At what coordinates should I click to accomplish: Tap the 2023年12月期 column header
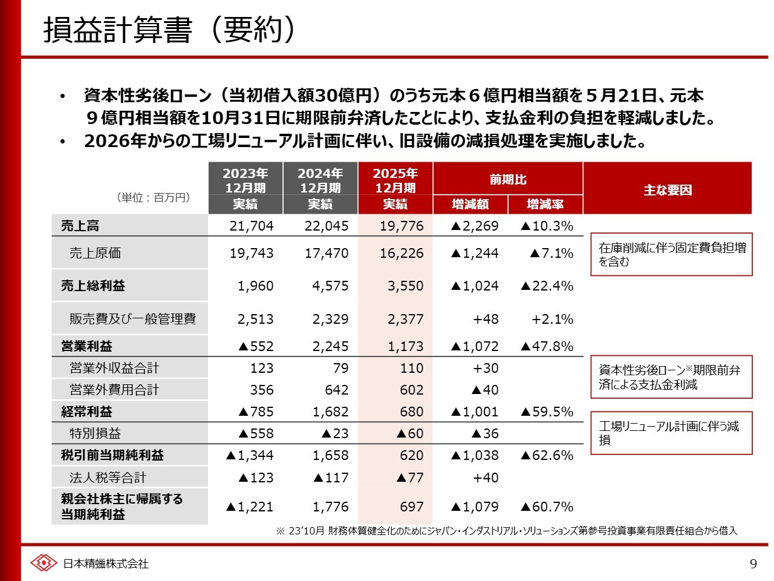pyautogui.click(x=245, y=180)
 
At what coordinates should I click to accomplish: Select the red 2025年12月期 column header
pyautogui.click(x=395, y=180)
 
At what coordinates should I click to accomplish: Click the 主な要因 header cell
pyautogui.click(x=667, y=189)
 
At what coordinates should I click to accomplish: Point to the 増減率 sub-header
pyautogui.click(x=545, y=205)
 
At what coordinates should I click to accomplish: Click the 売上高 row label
pyautogui.click(x=80, y=226)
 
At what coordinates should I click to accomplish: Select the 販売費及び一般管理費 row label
pyautogui.click(x=132, y=319)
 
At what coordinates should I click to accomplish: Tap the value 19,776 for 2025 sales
pyautogui.click(x=402, y=226)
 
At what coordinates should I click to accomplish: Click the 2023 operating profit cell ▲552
pyautogui.click(x=256, y=346)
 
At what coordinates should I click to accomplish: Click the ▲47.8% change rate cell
pyautogui.click(x=547, y=346)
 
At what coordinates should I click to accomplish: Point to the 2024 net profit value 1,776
pyautogui.click(x=330, y=507)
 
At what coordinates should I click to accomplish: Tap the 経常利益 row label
pyautogui.click(x=86, y=412)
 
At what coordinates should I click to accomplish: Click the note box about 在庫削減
pyautogui.click(x=671, y=254)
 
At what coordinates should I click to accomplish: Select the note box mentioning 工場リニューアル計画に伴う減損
pyautogui.click(x=671, y=433)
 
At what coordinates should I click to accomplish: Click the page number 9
pyautogui.click(x=753, y=564)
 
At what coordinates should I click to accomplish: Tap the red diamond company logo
pyautogui.click(x=44, y=563)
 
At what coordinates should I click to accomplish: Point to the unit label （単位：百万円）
pyautogui.click(x=154, y=197)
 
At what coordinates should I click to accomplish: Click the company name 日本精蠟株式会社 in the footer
pyautogui.click(x=106, y=564)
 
